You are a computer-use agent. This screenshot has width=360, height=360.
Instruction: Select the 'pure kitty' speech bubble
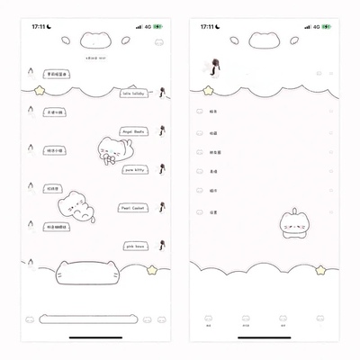[138, 168]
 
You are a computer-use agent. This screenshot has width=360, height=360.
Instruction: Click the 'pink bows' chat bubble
[139, 245]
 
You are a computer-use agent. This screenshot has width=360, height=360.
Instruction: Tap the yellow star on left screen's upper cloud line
[40, 89]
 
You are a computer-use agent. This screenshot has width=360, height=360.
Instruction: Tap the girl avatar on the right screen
[217, 65]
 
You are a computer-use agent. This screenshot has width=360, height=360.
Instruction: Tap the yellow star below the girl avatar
[209, 91]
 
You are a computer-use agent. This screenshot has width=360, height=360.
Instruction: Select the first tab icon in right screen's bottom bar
[209, 319]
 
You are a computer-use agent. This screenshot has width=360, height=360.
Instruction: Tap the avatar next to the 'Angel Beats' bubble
[161, 130]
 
